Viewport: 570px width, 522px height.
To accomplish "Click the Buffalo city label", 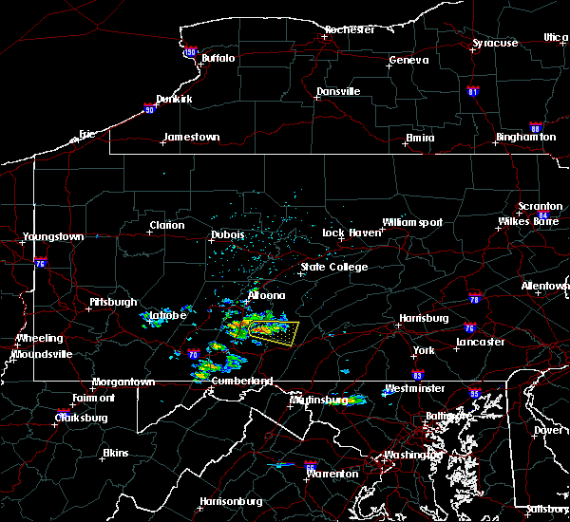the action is coord(218,59).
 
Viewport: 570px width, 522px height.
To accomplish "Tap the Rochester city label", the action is coord(350,29).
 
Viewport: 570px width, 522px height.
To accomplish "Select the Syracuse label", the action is coord(496,44).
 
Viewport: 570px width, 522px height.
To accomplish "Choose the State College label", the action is coord(333,268).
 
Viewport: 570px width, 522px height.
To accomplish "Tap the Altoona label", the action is coord(266,295).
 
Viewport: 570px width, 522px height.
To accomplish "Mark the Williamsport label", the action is coord(412,222).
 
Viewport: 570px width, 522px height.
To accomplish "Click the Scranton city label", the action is coord(540,206).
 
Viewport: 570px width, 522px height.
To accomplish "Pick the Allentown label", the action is coord(544,286).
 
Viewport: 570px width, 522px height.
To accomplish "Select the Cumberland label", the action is coord(241,381).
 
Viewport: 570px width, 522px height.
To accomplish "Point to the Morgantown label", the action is coord(123,382).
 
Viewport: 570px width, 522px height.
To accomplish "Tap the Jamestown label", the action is coord(191,137).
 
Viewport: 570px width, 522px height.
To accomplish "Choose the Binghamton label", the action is coord(525,138).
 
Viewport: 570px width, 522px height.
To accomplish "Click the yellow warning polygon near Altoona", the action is coord(271,331).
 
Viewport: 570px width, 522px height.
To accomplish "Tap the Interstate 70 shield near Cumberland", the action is coord(193,355).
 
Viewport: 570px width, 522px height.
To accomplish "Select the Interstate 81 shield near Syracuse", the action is coord(473,92).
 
